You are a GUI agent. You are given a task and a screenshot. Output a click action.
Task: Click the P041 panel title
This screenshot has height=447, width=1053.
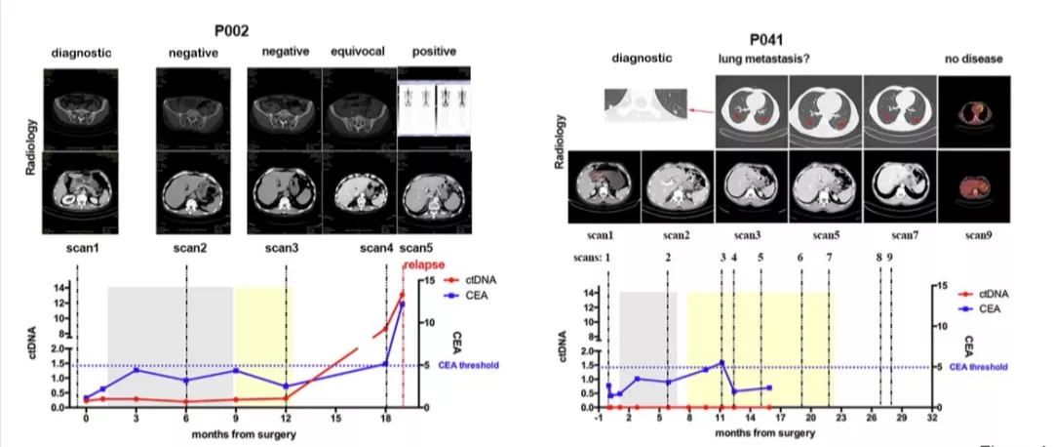768,39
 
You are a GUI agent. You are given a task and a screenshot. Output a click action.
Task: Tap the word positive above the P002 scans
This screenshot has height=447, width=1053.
434,51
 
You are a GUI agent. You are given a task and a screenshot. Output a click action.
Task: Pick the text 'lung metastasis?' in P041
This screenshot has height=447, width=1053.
766,61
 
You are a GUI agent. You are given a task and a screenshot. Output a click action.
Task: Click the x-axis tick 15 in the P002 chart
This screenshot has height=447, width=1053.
335,418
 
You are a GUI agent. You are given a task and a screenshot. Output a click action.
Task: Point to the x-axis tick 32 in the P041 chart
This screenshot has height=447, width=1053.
932,418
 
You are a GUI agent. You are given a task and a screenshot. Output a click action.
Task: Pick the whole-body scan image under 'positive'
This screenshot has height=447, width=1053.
434,106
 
